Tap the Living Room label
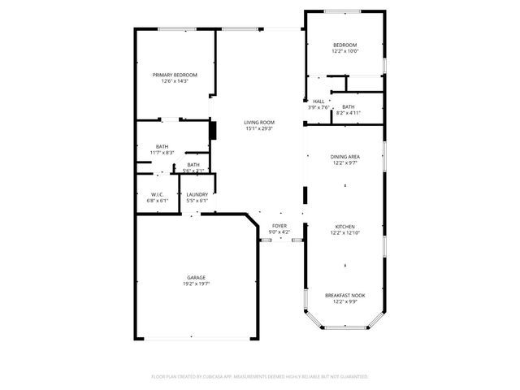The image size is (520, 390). (259, 123)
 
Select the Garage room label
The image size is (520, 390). (197, 278)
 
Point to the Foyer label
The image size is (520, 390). (279, 227)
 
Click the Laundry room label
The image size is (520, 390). (197, 194)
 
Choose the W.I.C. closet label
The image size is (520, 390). (158, 194)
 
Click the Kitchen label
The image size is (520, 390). (345, 227)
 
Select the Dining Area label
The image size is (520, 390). (345, 157)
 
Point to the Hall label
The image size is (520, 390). (318, 102)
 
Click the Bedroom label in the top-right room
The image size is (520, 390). (345, 45)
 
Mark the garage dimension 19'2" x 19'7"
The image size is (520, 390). (197, 284)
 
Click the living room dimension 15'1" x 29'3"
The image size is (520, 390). (259, 129)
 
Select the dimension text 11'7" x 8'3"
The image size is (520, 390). (162, 153)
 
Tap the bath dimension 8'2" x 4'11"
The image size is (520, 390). (348, 113)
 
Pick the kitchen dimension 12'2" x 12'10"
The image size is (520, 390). (345, 233)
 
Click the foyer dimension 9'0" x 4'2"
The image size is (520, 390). (279, 233)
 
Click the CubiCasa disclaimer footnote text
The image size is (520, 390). (260, 376)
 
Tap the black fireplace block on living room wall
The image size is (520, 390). (214, 130)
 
